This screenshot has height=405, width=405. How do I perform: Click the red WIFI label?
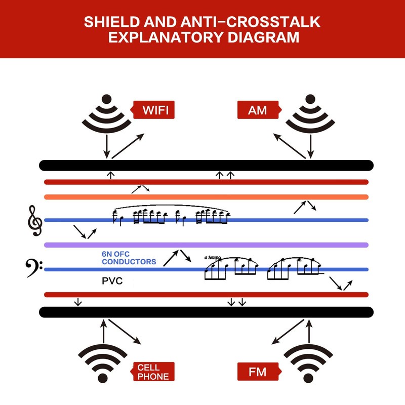[151, 110]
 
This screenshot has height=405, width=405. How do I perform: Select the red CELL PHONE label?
[152, 372]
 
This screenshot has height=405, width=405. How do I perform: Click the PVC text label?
[112, 281]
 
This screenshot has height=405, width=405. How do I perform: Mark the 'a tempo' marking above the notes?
[213, 258]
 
